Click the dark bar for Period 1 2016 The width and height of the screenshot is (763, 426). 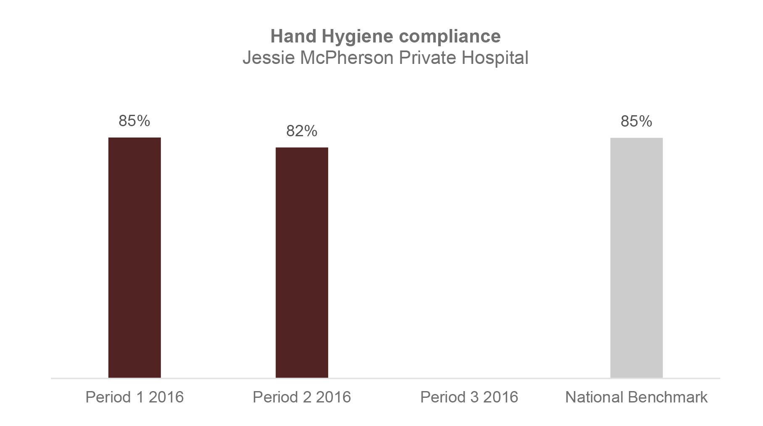pos(134,257)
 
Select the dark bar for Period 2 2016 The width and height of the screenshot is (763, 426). pos(302,262)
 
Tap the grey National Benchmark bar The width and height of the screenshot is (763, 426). pos(636,257)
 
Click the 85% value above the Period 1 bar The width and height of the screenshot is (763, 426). pos(134,121)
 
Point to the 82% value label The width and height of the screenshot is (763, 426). pos(302,131)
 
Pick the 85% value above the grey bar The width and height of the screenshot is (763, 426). pos(636,121)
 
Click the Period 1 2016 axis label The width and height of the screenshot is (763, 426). pos(134,397)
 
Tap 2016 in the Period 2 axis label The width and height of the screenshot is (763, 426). pos(333,397)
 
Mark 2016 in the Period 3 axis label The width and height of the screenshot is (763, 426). pos(500,397)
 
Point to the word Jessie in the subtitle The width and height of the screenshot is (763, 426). pos(268,58)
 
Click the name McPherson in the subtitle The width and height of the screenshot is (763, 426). pos(347,58)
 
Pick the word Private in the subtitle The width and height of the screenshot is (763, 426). pos(428,58)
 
